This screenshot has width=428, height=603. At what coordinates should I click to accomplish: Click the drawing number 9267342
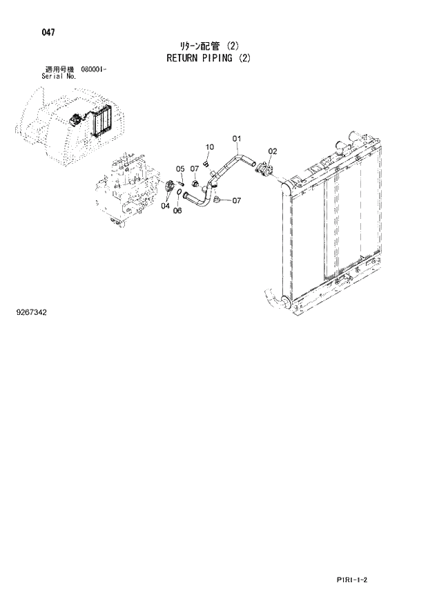(x=32, y=312)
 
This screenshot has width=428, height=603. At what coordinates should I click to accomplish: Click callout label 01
(x=236, y=139)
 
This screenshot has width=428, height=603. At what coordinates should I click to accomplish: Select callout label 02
(x=273, y=151)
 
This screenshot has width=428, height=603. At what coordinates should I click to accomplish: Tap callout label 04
(x=166, y=205)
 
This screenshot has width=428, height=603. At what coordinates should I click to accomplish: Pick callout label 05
(x=179, y=169)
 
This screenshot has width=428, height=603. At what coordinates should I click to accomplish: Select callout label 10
(x=210, y=146)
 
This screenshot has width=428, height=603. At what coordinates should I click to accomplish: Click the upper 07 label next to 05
(x=195, y=169)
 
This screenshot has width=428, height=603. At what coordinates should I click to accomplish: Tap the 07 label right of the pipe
(x=236, y=201)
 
